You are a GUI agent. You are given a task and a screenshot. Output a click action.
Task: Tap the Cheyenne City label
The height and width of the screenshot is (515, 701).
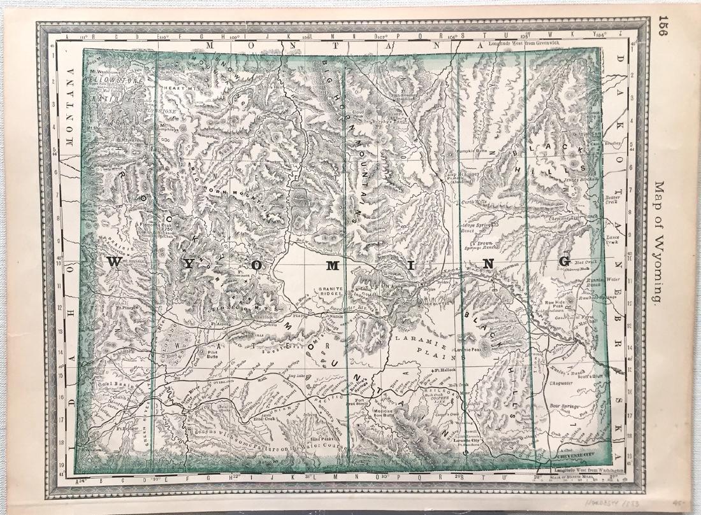click(575, 455)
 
